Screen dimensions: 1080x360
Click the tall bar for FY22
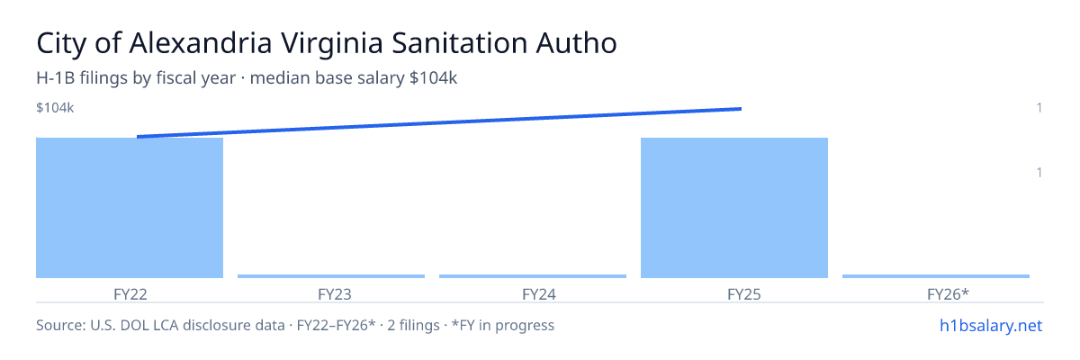coord(130,208)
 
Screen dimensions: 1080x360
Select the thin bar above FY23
coord(331,276)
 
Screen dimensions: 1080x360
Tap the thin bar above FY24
coord(533,276)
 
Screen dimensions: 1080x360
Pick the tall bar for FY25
coord(734,208)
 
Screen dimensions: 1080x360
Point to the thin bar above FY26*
coord(936,276)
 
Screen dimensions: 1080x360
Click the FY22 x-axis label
coord(130,294)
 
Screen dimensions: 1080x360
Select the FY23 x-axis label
coord(335,294)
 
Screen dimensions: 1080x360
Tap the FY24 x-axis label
coord(539,294)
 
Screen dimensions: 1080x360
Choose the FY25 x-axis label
coord(744,294)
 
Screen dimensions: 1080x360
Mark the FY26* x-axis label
coord(948,294)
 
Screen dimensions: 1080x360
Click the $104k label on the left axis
coord(55,108)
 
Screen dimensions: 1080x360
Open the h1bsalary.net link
coord(991,325)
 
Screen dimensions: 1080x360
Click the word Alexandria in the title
coord(201,43)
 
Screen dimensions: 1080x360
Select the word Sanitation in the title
coord(459,43)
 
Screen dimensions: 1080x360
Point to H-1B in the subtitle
coord(56,78)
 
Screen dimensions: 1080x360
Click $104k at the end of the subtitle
coord(433,78)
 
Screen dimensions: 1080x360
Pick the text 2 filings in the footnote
coord(413,325)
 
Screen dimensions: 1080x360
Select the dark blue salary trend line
coord(439,123)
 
